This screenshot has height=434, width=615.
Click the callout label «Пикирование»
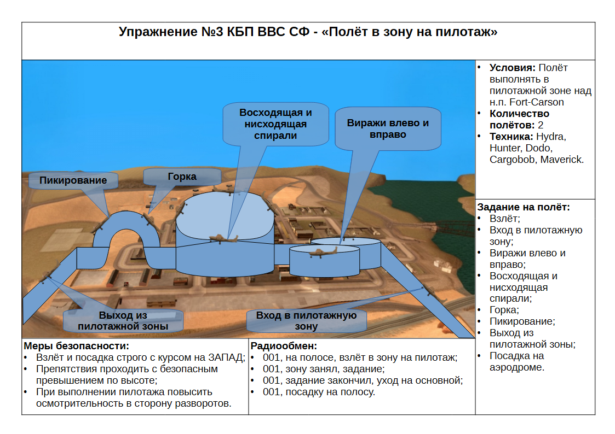click(x=73, y=180)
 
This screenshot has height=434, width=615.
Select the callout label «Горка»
click(x=182, y=177)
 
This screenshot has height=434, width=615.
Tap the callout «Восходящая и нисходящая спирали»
click(x=275, y=124)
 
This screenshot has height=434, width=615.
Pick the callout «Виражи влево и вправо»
click(x=388, y=129)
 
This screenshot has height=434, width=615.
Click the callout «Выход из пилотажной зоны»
click(x=123, y=320)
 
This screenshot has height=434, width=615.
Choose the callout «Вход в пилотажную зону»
click(x=306, y=320)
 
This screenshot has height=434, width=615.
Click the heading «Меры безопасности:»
click(x=77, y=346)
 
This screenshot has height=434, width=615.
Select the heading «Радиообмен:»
click(x=284, y=346)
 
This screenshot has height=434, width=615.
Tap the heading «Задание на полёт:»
click(x=523, y=207)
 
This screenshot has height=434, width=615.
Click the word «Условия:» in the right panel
click(x=512, y=68)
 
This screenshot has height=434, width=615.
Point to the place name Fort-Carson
click(x=537, y=102)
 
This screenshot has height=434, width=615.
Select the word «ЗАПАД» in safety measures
click(x=226, y=357)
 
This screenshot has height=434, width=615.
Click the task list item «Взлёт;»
click(x=505, y=219)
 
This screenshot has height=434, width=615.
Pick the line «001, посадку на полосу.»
click(x=319, y=392)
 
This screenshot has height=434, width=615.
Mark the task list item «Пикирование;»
click(x=522, y=322)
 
